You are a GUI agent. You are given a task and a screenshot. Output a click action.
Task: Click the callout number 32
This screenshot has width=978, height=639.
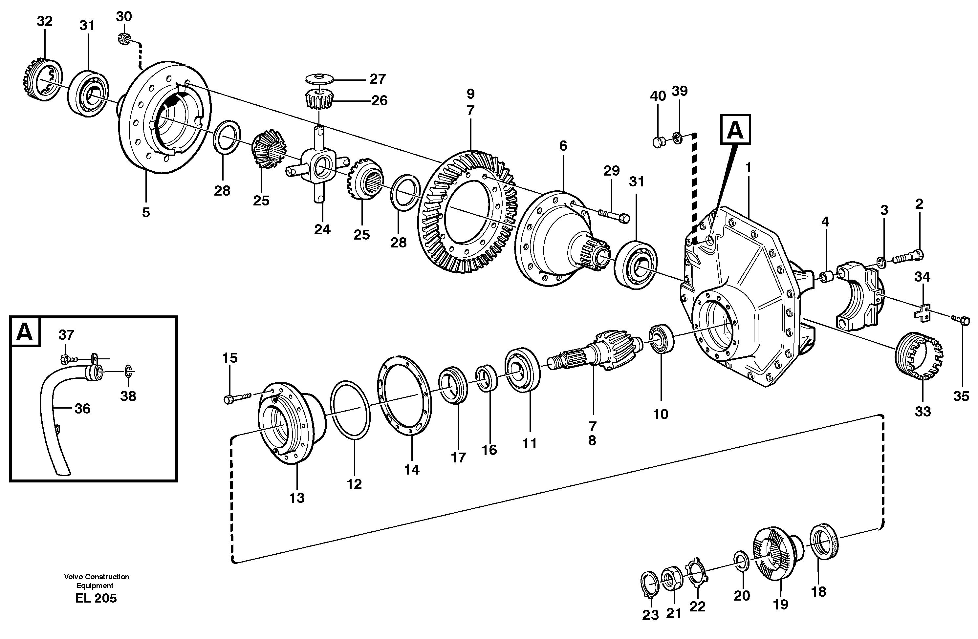pos(44,21)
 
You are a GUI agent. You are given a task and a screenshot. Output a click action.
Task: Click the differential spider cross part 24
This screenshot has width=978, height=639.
pos(318,168)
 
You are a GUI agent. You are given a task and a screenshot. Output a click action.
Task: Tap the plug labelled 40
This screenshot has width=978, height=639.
pos(658,142)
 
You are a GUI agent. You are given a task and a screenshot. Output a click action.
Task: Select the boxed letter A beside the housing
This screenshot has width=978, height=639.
pos(735,129)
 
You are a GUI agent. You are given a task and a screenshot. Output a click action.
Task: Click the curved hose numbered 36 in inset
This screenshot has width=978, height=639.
pos(51,411)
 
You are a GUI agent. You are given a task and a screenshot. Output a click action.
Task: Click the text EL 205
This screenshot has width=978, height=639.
pos(96,598)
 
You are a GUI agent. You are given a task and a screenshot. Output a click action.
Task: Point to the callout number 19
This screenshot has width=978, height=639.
pos(780,605)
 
